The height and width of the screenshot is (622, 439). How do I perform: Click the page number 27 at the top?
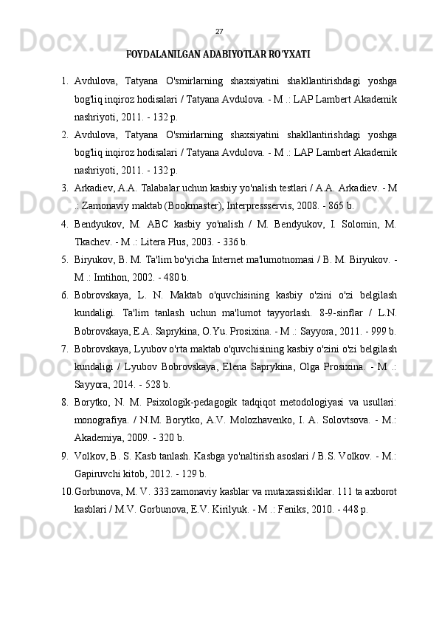coord(218,31)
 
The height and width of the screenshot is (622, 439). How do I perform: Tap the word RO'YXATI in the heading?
coord(291,55)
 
